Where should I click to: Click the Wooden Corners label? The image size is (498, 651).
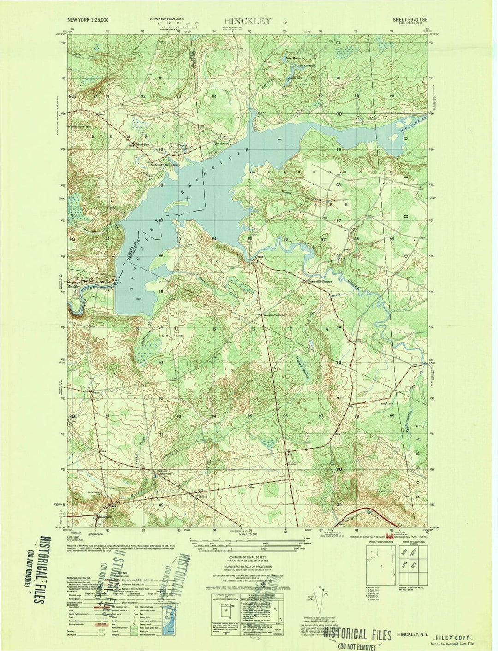[x=275, y=315]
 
